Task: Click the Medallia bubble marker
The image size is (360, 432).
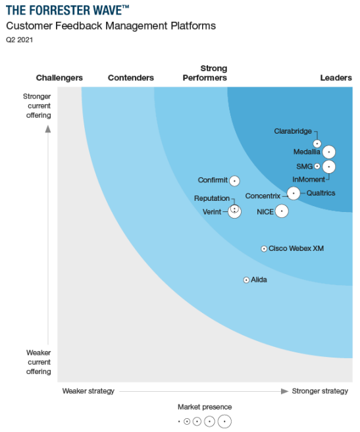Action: [x=328, y=152]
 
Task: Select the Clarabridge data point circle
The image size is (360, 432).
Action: [x=317, y=143]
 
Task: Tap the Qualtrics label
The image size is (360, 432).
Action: [x=321, y=193]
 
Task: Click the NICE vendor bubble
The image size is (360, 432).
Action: [x=282, y=211]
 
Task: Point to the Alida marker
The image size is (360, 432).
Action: [x=247, y=280]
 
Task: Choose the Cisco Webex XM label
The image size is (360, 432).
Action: [x=296, y=248]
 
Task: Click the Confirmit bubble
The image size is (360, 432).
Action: [x=234, y=180]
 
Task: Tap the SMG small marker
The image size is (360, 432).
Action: [x=317, y=167]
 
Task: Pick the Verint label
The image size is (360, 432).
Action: [x=212, y=212]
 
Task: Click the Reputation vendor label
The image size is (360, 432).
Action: [x=211, y=198]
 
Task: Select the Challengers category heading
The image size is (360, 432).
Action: [x=59, y=78]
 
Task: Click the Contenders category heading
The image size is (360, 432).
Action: [x=131, y=78]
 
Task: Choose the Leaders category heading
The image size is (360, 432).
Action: [x=336, y=78]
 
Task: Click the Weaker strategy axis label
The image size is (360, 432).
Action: [x=88, y=391]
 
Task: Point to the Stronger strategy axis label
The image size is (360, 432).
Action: [x=320, y=391]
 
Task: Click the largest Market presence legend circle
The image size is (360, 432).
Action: [x=224, y=421]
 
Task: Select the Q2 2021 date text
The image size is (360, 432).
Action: [x=20, y=40]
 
